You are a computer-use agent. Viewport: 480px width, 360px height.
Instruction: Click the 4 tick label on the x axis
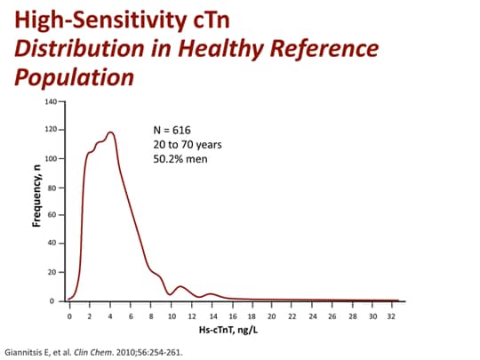(110, 316)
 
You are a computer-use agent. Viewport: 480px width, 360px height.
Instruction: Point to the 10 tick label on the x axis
(171, 316)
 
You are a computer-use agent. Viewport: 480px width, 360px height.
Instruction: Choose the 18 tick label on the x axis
(252, 316)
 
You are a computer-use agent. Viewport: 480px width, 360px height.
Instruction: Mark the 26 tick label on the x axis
(333, 316)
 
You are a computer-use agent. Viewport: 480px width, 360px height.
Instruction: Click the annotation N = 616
(173, 131)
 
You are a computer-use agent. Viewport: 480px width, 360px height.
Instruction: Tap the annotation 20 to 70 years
(187, 145)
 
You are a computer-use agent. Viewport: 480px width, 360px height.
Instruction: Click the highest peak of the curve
(111, 132)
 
